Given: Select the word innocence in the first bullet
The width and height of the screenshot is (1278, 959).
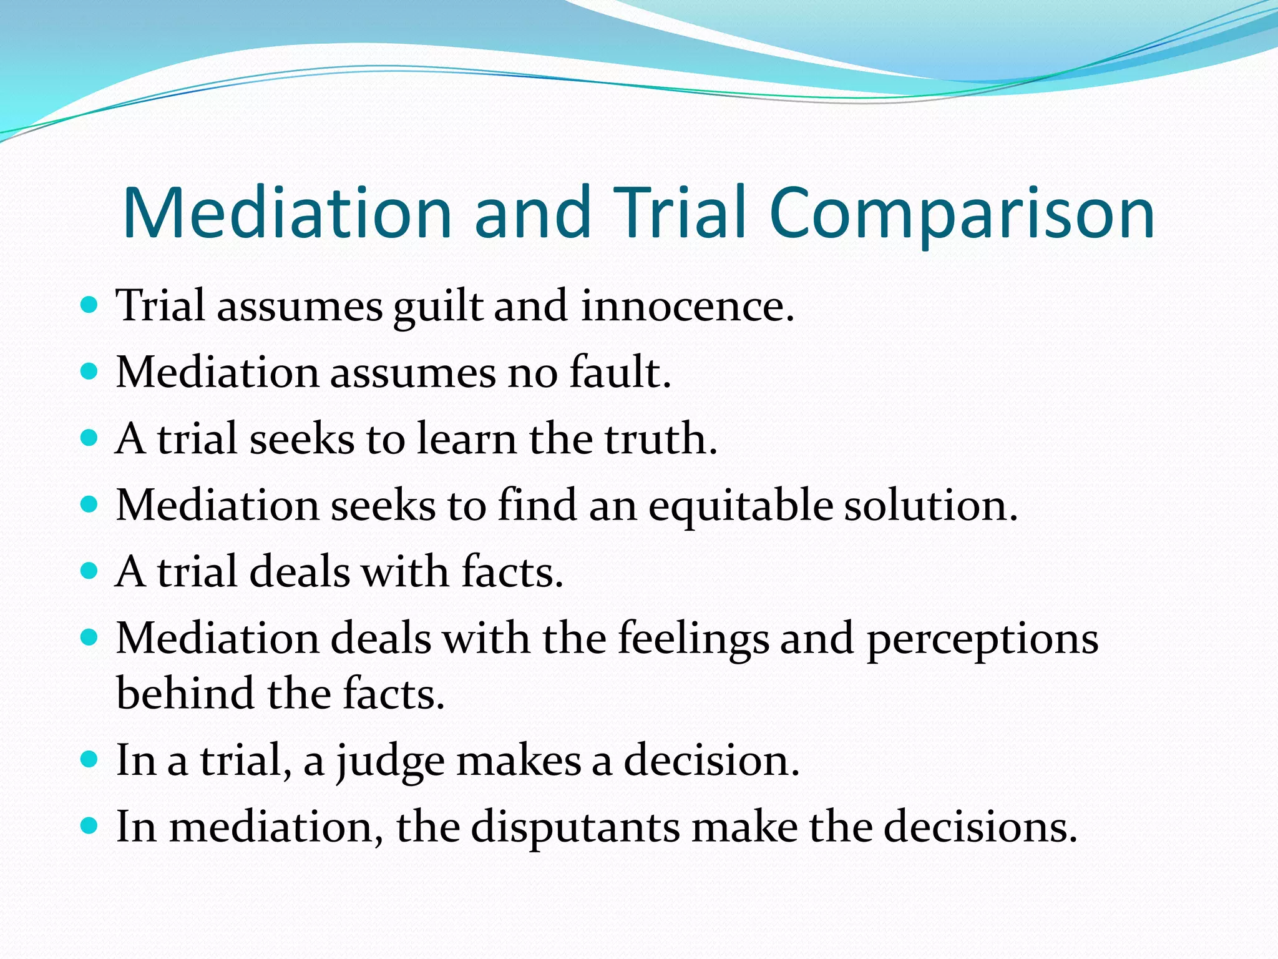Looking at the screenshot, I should [687, 307].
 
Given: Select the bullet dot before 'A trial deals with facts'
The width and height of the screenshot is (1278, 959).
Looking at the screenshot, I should [90, 571].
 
